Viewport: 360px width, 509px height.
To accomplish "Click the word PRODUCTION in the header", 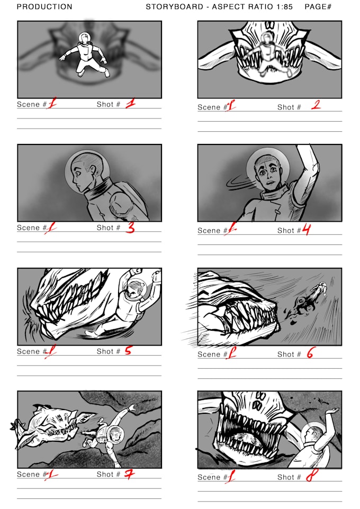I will click(x=44, y=7).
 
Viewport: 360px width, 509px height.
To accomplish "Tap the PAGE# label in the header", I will click(x=318, y=7).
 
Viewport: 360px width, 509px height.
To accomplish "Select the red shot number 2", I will click(x=316, y=105).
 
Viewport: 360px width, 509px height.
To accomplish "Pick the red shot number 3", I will click(x=130, y=228).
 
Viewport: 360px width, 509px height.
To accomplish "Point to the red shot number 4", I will click(x=306, y=230).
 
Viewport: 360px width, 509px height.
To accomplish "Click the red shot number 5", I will click(x=128, y=350).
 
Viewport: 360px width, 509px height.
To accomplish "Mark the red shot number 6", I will click(x=310, y=353).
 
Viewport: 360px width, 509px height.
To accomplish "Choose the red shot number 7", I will click(x=129, y=474).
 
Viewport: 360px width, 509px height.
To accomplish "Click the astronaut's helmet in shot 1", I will click(x=84, y=38).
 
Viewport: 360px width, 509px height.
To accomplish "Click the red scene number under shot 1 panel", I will click(x=52, y=104).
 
